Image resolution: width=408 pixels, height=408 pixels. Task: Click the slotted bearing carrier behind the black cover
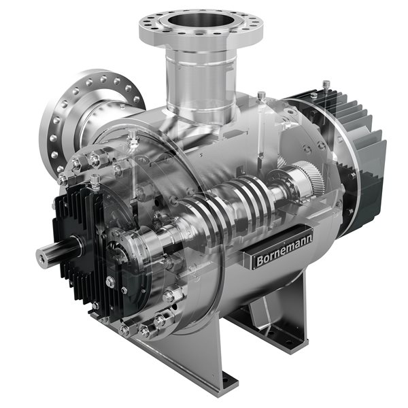coord(136,238)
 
